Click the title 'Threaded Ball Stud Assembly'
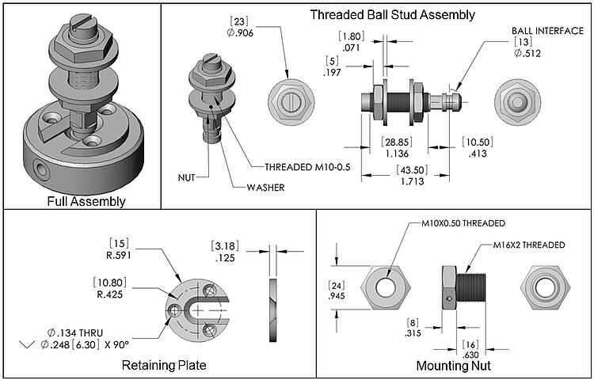[x=392, y=14]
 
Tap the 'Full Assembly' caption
[x=86, y=201]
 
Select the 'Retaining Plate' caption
[x=164, y=365]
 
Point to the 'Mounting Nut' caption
[x=454, y=366]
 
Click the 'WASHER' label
[x=264, y=188]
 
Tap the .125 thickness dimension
[x=226, y=257]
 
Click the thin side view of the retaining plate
[x=273, y=301]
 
